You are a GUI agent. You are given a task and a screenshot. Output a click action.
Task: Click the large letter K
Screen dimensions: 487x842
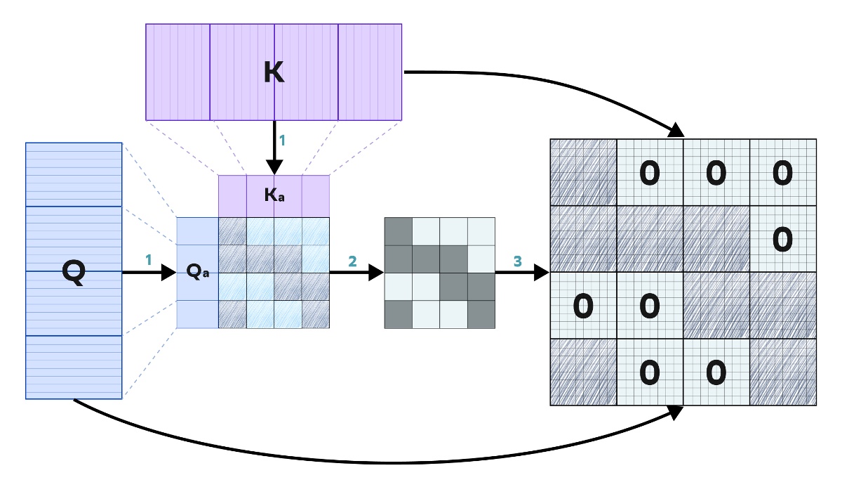(274, 73)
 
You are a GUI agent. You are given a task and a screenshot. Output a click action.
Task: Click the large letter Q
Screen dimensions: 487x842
(73, 272)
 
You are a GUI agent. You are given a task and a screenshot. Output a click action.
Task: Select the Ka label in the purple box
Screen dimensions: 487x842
(274, 195)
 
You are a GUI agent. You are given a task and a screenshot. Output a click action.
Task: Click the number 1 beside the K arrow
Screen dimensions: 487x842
(282, 141)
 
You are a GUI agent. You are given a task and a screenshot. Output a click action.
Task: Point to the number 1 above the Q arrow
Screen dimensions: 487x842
(148, 259)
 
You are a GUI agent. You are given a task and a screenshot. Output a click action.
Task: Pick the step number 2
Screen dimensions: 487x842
(352, 261)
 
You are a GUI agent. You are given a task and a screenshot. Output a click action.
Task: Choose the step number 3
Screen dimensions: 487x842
(518, 261)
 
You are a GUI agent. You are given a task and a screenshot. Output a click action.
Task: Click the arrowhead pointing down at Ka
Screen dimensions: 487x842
(274, 167)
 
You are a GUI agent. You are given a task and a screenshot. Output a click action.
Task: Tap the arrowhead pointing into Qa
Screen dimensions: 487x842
(168, 272)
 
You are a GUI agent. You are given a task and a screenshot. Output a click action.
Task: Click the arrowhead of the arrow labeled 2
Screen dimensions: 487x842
(377, 272)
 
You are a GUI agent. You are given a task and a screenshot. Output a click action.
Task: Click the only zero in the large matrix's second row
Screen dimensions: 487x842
(782, 240)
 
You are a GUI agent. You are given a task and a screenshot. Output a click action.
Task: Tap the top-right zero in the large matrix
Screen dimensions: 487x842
(782, 173)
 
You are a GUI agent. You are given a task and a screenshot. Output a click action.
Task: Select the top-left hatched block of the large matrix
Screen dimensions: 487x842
(583, 173)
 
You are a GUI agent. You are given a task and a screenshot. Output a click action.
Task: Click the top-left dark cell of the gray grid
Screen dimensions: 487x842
(399, 231)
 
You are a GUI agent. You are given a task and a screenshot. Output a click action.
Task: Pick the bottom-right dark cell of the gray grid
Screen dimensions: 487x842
(481, 314)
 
